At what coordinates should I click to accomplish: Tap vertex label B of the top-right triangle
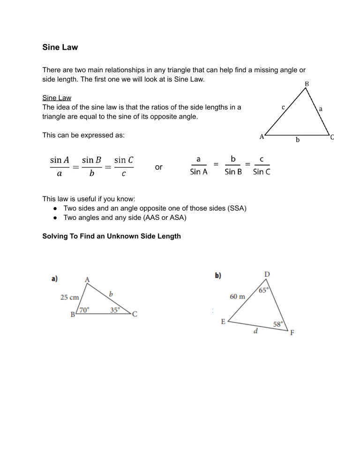tap(307, 84)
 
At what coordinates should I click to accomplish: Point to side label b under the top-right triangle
tap(297, 140)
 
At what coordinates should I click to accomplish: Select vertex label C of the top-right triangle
tap(332, 137)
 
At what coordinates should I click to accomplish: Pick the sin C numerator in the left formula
tap(124, 160)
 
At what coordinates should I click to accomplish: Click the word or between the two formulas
tap(158, 167)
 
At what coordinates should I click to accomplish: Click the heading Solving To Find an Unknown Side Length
tap(111, 236)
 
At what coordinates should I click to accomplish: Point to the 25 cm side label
tap(70, 297)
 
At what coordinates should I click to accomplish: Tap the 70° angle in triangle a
tap(84, 310)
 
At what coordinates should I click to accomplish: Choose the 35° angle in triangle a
tap(115, 310)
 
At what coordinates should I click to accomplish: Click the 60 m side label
tap(237, 296)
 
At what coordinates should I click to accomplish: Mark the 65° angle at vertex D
tap(264, 291)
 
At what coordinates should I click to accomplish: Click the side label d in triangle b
tap(255, 332)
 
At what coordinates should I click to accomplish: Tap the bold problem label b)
tap(218, 276)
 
